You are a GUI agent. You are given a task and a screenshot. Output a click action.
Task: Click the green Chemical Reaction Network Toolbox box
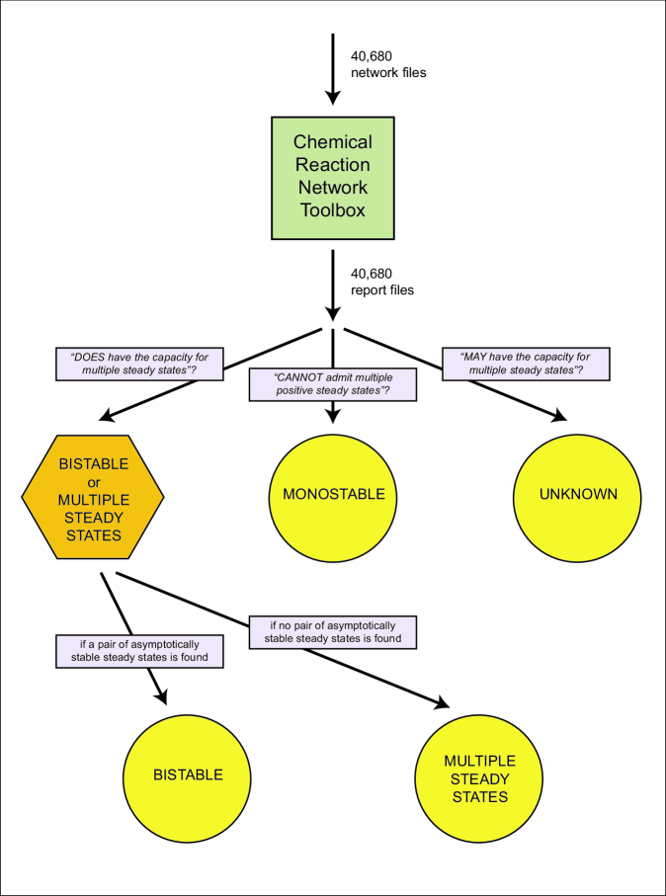point(333,178)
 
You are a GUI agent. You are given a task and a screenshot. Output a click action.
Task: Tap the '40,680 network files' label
point(388,64)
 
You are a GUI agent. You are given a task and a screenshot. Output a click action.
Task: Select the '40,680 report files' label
point(382,282)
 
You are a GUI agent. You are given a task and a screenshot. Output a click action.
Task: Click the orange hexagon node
point(93,497)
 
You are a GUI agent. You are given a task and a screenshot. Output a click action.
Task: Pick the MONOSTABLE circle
point(334,497)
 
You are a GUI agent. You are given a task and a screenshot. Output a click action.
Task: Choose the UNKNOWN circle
point(577,497)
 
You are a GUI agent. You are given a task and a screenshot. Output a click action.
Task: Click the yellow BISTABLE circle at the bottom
point(187,775)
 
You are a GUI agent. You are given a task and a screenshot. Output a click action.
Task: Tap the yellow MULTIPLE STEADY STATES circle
point(480,778)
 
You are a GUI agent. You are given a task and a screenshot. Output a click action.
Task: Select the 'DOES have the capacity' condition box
point(139,364)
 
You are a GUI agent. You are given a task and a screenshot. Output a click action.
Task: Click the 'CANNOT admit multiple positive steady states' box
point(333,384)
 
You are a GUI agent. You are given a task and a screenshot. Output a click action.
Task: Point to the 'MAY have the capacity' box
point(526,364)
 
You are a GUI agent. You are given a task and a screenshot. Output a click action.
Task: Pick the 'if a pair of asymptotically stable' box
point(139,651)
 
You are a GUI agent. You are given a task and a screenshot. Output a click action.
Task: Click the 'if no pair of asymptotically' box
point(333,631)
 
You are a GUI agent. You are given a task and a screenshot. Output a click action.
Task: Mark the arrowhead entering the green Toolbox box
point(333,97)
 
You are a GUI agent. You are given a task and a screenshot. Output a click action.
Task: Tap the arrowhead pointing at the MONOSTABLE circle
point(333,416)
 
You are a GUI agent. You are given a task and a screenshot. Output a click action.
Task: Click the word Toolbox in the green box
point(333,210)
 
